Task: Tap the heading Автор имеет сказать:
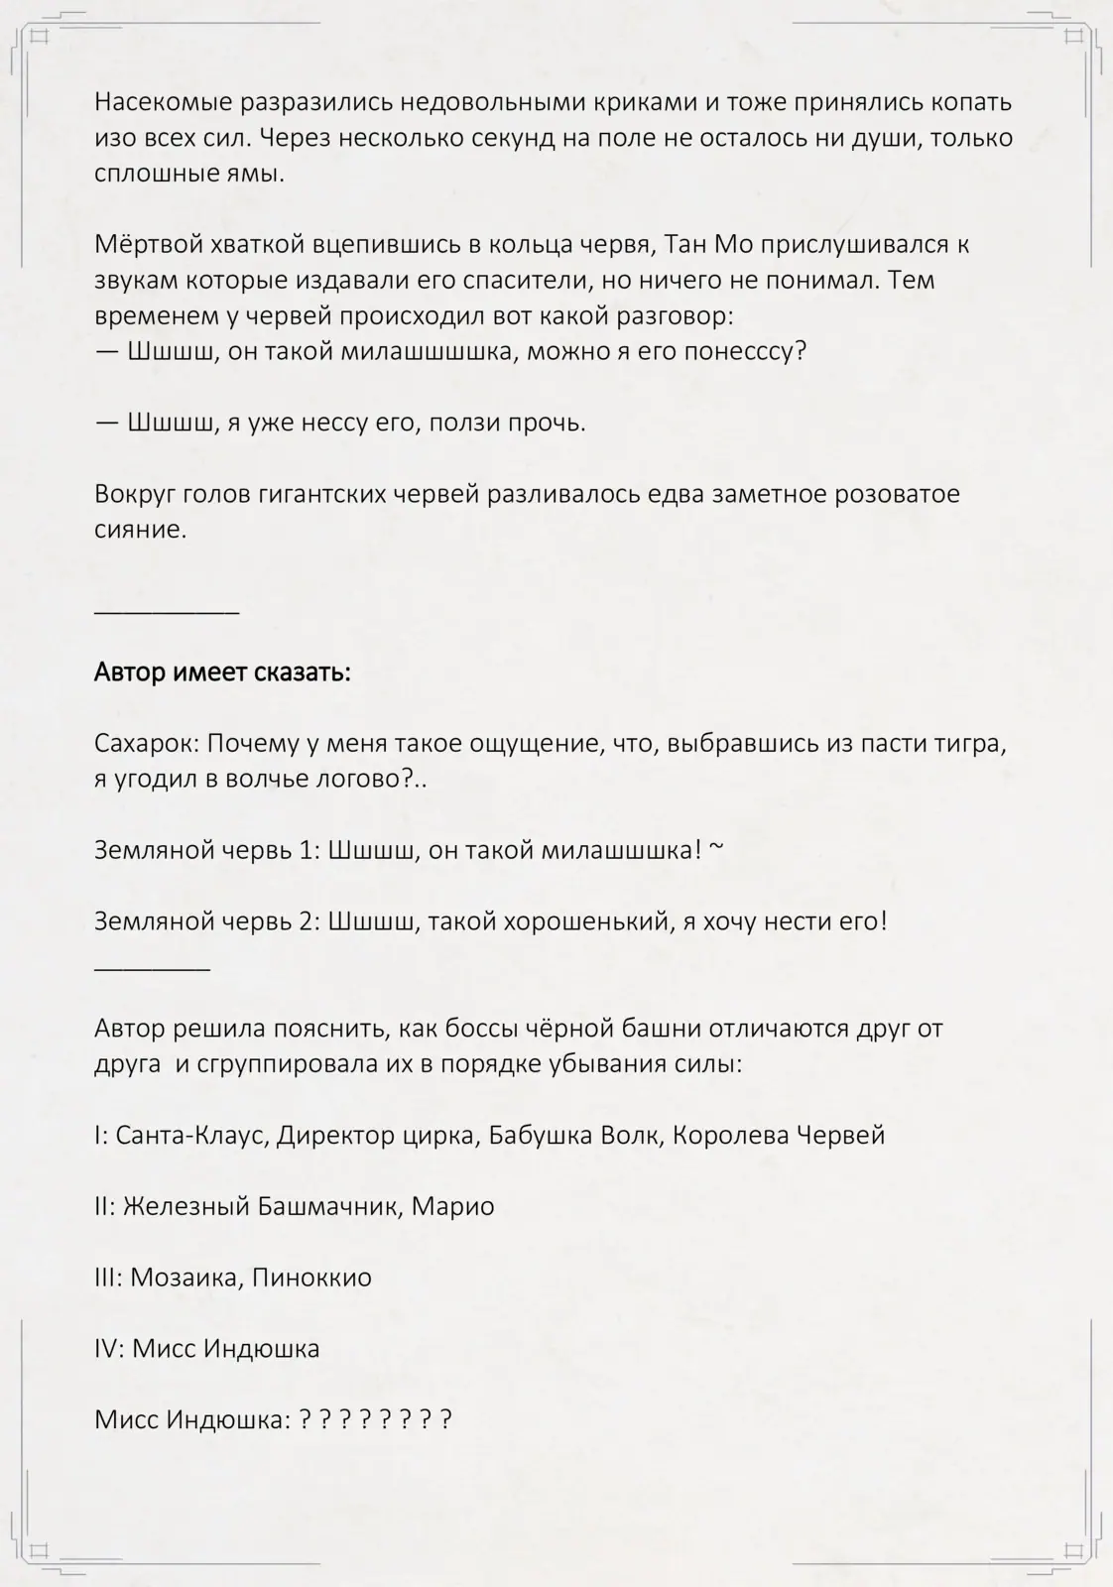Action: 222,672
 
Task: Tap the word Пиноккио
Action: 311,1278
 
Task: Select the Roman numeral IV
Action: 107,1349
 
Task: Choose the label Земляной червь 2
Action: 203,921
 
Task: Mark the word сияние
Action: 140,530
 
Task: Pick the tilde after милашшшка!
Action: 717,848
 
